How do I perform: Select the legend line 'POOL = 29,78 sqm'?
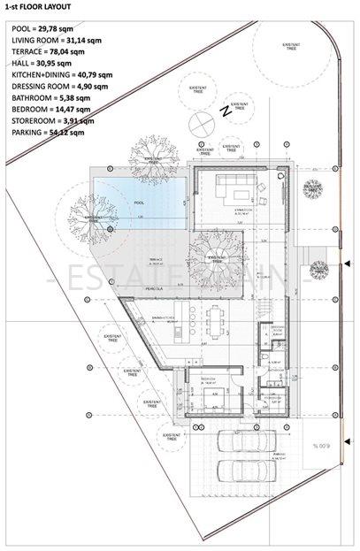pyautogui.click(x=44, y=28)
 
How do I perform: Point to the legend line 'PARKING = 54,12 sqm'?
pyautogui.click(x=49, y=132)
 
